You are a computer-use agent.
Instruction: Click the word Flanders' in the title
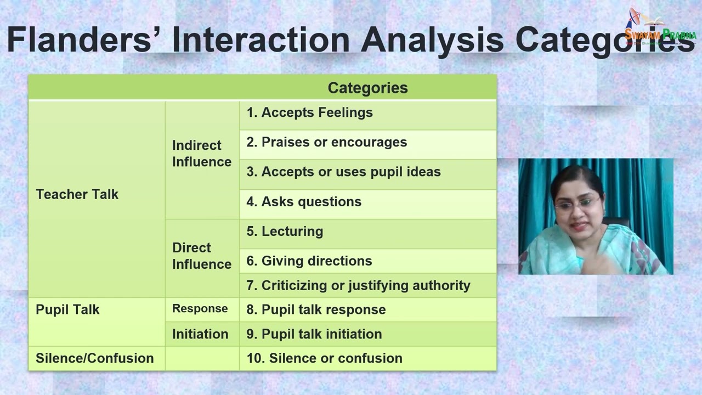[79, 40]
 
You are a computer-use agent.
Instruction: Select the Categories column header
[367, 88]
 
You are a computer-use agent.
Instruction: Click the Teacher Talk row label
[77, 194]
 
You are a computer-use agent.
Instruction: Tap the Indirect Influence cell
[201, 154]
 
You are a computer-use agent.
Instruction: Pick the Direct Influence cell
[201, 256]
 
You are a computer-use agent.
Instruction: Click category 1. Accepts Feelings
[309, 112]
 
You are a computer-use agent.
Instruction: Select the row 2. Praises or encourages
[326, 142]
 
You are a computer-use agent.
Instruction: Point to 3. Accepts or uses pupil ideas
[343, 172]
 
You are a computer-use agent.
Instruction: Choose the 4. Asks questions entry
[304, 201]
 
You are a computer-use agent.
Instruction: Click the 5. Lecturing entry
[285, 231]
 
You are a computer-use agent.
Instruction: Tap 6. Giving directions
[309, 261]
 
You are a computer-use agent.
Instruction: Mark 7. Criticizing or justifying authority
[358, 285]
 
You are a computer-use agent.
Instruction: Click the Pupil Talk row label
[67, 309]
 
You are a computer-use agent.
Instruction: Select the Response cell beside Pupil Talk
[200, 308]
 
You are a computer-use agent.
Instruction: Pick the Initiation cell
[200, 334]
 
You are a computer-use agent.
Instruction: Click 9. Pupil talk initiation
[314, 334]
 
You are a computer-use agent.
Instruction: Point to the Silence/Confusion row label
[94, 358]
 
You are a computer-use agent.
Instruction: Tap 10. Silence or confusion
[324, 358]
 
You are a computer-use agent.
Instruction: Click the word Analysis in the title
[432, 40]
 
